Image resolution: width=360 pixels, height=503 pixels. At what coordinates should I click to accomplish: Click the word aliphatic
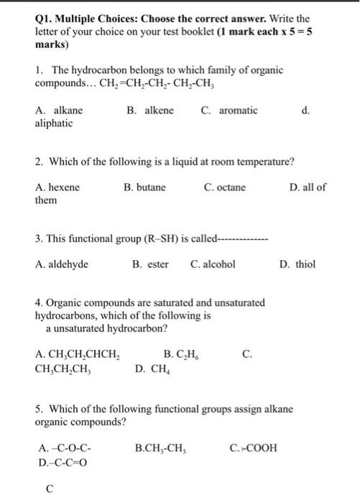tap(54, 124)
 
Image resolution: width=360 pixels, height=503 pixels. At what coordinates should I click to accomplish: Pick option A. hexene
tap(57, 188)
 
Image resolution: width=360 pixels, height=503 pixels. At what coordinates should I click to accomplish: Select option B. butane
tap(144, 188)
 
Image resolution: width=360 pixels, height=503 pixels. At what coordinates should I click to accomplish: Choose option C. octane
tap(225, 188)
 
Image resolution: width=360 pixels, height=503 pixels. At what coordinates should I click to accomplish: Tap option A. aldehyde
tap(62, 264)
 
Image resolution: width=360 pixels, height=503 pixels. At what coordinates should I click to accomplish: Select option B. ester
tap(150, 264)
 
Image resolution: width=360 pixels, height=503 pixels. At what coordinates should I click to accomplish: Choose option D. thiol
tap(297, 264)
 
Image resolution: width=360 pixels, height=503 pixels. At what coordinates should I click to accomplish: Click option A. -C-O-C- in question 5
tap(63, 448)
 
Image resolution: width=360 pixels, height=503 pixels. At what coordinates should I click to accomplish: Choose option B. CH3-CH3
tap(161, 448)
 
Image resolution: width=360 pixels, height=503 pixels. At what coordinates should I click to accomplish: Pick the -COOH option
tap(253, 448)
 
